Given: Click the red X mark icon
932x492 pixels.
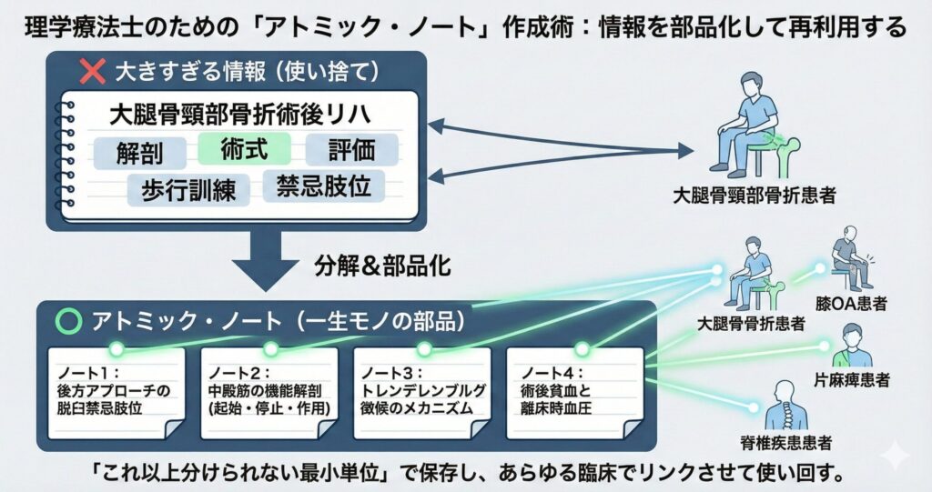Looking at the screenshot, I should pos(91,70).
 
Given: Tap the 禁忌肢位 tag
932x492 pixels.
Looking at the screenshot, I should pos(323,186).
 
